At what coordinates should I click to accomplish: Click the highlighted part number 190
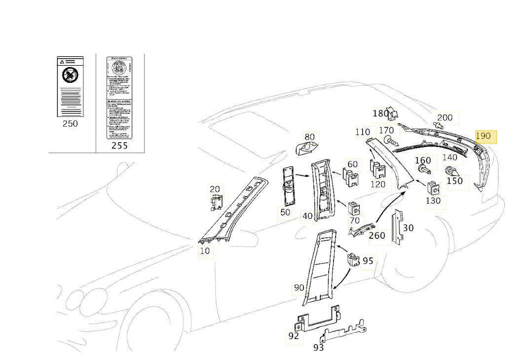pos(483,136)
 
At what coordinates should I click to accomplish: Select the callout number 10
pos(205,251)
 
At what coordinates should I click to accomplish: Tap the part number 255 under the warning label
pos(119,145)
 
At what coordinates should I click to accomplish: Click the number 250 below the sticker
pos(70,124)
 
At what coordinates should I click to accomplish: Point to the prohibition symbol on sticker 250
pos(70,75)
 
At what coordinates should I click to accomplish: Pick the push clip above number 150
pos(452,172)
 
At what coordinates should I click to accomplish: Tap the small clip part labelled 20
pos(216,202)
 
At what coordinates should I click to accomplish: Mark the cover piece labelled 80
pos(306,147)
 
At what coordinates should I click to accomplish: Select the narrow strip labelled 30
pos(397,229)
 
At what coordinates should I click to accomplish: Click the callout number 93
pos(319,348)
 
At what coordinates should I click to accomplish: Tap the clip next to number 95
pos(353,260)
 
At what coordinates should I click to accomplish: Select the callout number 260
pos(377,236)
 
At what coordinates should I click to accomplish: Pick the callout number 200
pos(445,117)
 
